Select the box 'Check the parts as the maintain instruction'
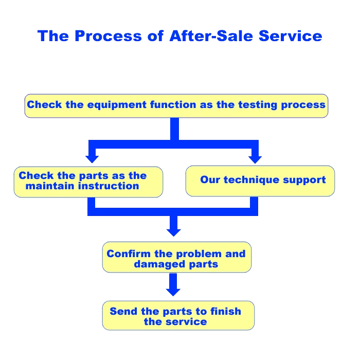click(88, 182)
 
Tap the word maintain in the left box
click(46, 186)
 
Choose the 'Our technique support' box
click(260, 181)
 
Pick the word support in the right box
click(304, 180)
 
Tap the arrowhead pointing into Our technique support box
click(255, 157)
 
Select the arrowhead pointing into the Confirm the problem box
click(174, 231)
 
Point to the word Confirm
click(129, 254)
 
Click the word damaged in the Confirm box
click(154, 264)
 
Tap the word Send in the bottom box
click(123, 311)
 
